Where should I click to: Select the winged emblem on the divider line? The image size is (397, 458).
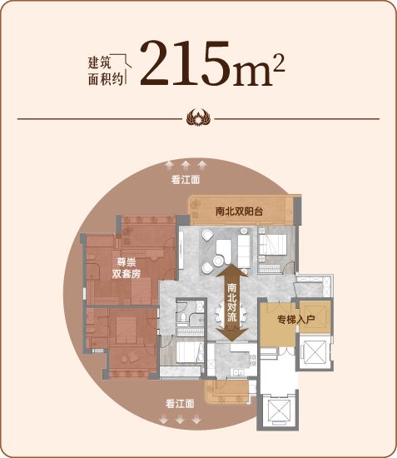(x=198, y=118)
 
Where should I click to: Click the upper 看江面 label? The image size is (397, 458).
(x=186, y=180)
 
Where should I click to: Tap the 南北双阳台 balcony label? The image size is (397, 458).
(x=239, y=212)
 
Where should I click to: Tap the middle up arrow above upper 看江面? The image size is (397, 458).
(x=186, y=165)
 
